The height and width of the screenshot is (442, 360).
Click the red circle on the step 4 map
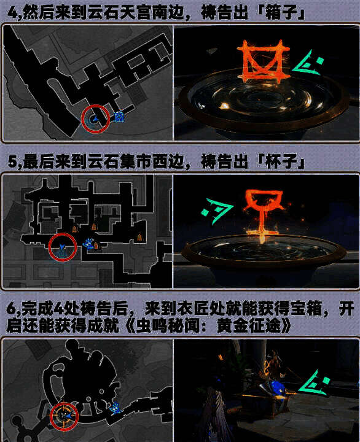point(95,118)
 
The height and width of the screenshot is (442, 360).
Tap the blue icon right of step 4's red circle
point(119,117)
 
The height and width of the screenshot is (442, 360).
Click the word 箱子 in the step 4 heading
point(286,10)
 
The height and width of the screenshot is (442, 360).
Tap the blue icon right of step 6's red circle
point(114,408)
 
